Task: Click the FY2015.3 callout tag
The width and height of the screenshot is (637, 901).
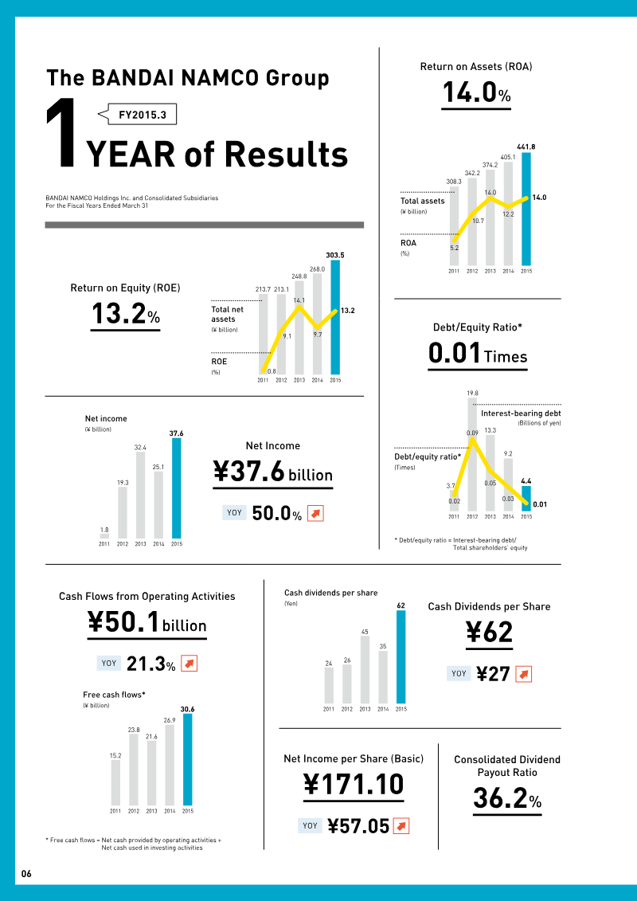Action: click(142, 115)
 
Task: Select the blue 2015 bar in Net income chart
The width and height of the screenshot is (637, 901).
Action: click(176, 488)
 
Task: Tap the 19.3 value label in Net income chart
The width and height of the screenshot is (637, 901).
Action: click(123, 482)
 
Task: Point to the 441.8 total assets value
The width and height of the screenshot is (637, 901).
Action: click(526, 147)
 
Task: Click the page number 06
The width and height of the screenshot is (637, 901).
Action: click(26, 874)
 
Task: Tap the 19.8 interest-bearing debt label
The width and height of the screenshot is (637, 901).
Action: click(472, 393)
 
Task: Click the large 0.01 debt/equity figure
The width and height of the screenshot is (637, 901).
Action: click(455, 354)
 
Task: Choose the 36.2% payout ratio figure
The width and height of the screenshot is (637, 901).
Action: click(507, 798)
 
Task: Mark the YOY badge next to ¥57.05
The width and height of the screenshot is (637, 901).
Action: click(309, 826)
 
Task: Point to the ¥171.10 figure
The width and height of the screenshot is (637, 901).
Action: click(354, 785)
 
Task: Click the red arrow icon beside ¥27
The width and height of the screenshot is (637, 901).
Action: click(523, 674)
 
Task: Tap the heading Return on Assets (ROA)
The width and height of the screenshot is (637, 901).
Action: click(476, 67)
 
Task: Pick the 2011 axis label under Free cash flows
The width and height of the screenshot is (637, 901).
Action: click(116, 811)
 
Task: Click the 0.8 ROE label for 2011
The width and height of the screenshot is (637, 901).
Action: click(272, 371)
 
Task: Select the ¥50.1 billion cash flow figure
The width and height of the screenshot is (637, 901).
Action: click(147, 624)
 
